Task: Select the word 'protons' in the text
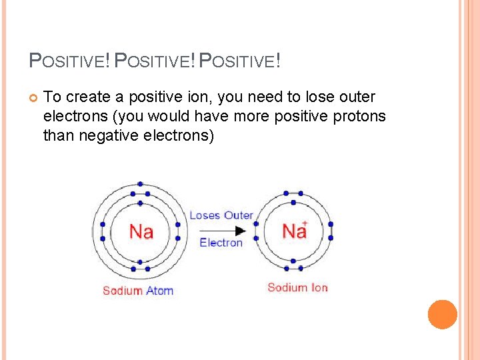click(360, 117)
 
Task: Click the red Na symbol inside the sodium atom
click(141, 231)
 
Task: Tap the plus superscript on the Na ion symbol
click(305, 223)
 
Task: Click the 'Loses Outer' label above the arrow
click(221, 215)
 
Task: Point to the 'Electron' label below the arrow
click(221, 243)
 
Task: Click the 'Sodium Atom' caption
click(138, 291)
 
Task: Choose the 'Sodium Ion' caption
click(297, 287)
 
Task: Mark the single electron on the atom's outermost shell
click(140, 183)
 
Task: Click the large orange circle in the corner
click(442, 315)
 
